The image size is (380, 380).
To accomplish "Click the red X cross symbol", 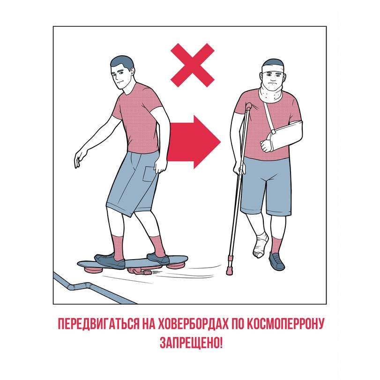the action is click(x=193, y=65).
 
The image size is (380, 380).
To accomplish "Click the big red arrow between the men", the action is click(x=194, y=142).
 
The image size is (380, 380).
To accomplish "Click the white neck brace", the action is click(x=270, y=95).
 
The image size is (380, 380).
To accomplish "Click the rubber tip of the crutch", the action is click(x=229, y=270).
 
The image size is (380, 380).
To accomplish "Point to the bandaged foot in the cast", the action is click(x=260, y=244).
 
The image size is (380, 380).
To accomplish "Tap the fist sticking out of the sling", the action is click(x=266, y=145).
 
